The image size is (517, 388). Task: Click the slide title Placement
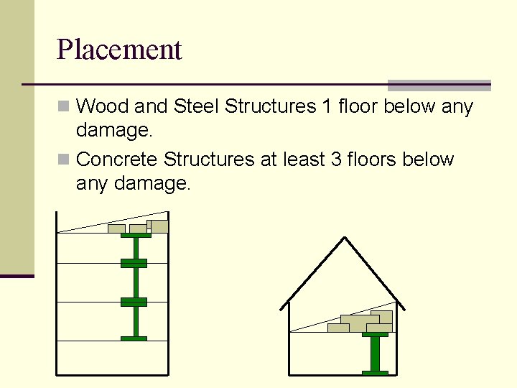119,50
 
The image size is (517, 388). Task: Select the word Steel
196,107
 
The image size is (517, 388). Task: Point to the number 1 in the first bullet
327,107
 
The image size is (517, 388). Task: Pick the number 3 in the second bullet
336,159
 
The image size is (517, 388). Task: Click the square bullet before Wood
64,107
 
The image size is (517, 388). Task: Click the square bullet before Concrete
64,159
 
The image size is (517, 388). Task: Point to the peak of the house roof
345,238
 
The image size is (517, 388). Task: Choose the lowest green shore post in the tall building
134,321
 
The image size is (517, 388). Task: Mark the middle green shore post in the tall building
134,282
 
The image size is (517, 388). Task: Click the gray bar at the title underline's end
439,85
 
